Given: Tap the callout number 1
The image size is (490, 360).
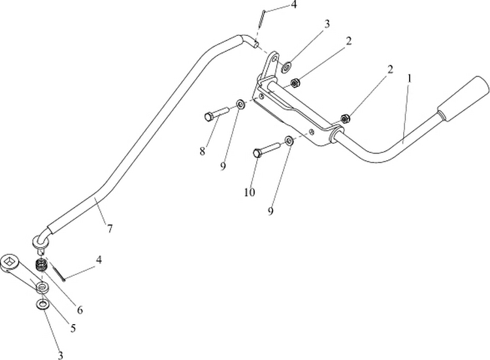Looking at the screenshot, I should [x=408, y=77].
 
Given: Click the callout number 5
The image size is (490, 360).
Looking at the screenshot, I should [x=73, y=329].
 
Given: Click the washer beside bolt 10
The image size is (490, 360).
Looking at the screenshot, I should [x=289, y=140].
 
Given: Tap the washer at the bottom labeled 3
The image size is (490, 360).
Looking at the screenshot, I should [x=42, y=304].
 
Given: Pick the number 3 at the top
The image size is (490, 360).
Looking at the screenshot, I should [x=327, y=24].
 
